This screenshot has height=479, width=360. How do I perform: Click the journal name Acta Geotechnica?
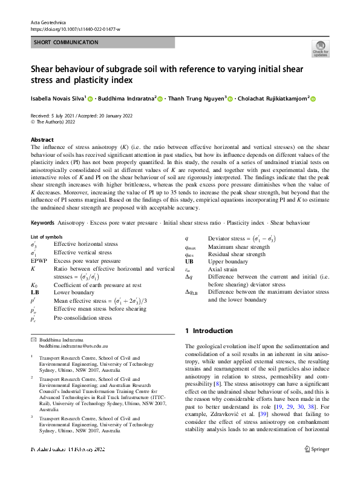point(47,22)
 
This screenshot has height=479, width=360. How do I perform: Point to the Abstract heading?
point(42,139)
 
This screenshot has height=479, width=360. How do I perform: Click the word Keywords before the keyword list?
point(45,223)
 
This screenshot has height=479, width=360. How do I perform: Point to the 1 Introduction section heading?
point(208,331)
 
